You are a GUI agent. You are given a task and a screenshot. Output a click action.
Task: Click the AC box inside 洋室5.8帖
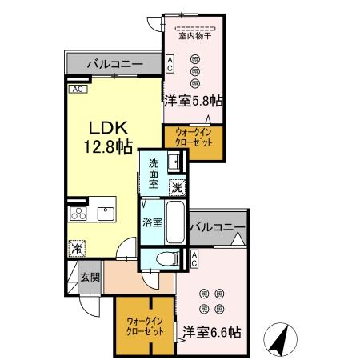coord(170,65)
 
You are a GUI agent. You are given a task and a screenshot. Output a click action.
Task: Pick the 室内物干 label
coord(193,35)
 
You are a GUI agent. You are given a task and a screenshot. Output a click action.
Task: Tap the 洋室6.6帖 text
coord(212,331)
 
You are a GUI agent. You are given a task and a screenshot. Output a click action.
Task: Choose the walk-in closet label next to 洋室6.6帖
coord(145,326)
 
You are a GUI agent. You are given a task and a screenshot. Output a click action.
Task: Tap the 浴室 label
coord(153,221)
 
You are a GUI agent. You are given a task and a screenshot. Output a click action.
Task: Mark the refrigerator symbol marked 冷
coord(77,249)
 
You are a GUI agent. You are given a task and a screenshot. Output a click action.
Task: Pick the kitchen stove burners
coord(78,213)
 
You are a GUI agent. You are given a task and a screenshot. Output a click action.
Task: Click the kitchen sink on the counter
coord(105,213)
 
